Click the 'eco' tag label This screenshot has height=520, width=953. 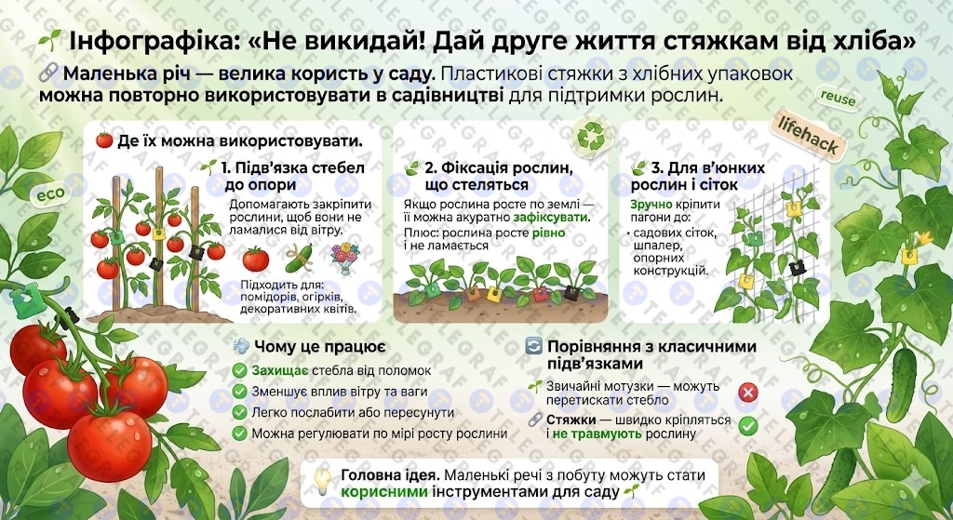click(50, 195)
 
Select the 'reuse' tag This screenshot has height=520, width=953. click(839, 99)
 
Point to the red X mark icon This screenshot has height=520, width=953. click(747, 393)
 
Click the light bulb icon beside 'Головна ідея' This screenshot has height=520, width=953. click(321, 481)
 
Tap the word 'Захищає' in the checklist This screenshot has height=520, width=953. click(280, 370)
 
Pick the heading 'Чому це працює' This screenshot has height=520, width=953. click(320, 347)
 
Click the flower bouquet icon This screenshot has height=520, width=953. click(345, 258)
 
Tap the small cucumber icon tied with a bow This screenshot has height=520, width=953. click(300, 259)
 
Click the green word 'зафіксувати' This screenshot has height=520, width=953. click(551, 217)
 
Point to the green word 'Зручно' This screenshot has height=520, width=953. click(651, 205)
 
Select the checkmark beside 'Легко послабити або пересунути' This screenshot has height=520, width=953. click(239, 412)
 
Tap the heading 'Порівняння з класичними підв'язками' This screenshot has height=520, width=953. click(651, 354)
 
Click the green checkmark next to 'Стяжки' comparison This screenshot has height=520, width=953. click(747, 426)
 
